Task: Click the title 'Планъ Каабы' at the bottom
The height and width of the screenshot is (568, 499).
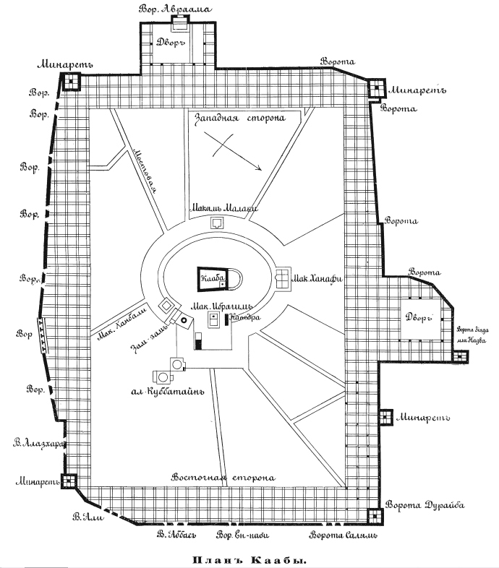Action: (249, 559)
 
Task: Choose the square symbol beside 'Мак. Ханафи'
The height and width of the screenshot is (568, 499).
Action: (283, 277)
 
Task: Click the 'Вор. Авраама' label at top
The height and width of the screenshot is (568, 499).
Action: (174, 8)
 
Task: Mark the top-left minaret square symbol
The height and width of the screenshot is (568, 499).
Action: (71, 82)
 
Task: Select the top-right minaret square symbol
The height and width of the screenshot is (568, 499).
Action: (375, 90)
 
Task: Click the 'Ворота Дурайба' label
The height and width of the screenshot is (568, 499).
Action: (424, 505)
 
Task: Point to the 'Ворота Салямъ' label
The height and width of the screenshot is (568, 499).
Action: (343, 536)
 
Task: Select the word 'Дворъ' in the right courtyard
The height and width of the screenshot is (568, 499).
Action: (419, 317)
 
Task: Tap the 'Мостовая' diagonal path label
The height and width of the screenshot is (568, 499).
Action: (145, 165)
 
